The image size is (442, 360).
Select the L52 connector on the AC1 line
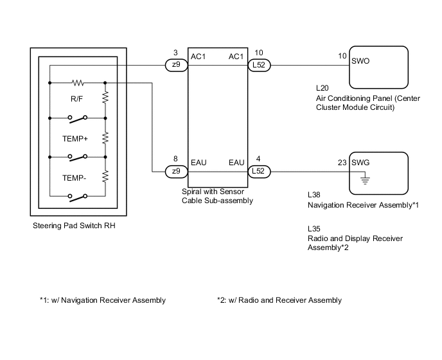[x=260, y=66]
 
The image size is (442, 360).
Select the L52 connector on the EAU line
[x=260, y=172]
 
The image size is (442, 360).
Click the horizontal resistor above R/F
[x=78, y=82]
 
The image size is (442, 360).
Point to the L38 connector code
[x=315, y=194]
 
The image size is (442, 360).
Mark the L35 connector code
[x=315, y=228]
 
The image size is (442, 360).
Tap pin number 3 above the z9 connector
[x=175, y=53]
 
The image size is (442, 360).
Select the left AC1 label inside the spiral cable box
[x=199, y=57]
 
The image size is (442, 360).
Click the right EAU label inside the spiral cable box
[x=236, y=163]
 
